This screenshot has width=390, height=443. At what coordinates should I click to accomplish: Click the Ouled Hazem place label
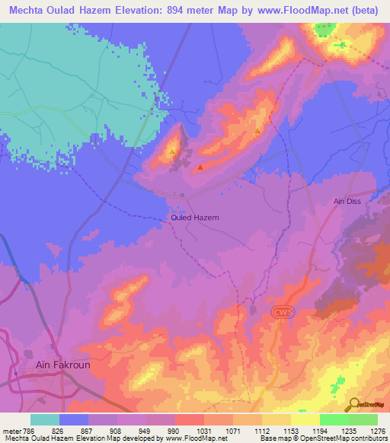pos(193,218)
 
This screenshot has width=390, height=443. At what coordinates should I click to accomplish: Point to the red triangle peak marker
pos(200,167)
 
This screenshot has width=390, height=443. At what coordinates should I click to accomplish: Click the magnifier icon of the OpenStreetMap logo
pos(354,405)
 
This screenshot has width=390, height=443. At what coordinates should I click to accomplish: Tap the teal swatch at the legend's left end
pos(45,419)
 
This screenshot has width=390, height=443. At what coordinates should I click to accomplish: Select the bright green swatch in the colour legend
pos(334,419)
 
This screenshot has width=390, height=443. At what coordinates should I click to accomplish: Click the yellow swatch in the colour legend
pos(305,419)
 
